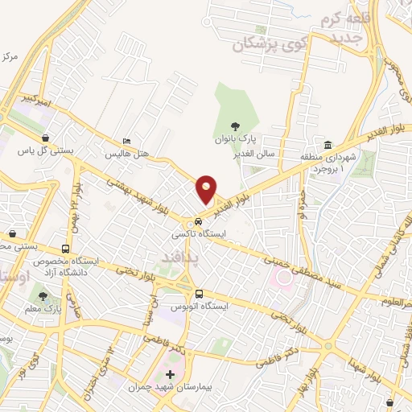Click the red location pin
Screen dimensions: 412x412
tap(207, 190)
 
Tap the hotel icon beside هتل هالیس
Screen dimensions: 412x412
tap(126, 139)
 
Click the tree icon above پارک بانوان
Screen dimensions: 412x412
tap(235, 126)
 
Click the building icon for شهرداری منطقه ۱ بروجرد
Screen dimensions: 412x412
tap(328, 145)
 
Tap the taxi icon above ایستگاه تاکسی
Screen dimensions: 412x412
tap(198, 221)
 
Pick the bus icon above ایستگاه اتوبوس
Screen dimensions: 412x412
tap(198, 295)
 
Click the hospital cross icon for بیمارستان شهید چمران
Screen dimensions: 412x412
tap(169, 375)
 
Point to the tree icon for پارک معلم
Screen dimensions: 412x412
tap(42, 296)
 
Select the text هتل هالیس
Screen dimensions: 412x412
tap(127, 152)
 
